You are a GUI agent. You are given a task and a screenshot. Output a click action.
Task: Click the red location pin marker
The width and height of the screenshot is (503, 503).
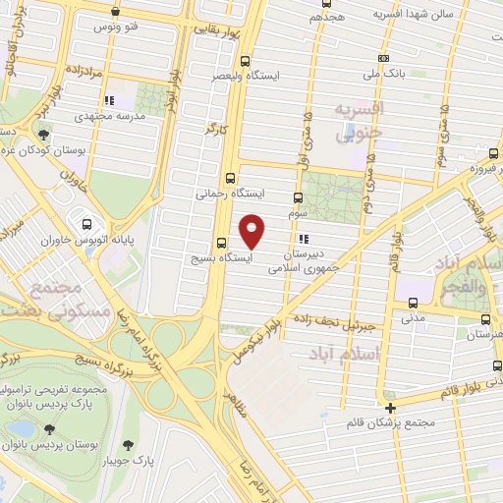252,231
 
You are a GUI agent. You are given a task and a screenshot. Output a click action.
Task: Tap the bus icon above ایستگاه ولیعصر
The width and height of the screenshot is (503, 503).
245,60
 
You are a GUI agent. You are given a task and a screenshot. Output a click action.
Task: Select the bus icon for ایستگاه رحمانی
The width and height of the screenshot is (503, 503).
231,178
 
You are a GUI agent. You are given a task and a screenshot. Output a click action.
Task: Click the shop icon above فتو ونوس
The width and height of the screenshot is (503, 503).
116,12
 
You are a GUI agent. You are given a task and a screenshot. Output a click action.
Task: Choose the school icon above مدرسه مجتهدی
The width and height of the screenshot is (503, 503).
110,100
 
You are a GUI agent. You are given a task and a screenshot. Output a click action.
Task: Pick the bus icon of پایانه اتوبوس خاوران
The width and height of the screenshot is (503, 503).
87,223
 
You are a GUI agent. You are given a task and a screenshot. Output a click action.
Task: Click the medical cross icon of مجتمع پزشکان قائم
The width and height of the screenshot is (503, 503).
391,407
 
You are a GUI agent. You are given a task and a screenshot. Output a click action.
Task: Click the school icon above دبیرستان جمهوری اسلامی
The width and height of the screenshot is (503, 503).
303,239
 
